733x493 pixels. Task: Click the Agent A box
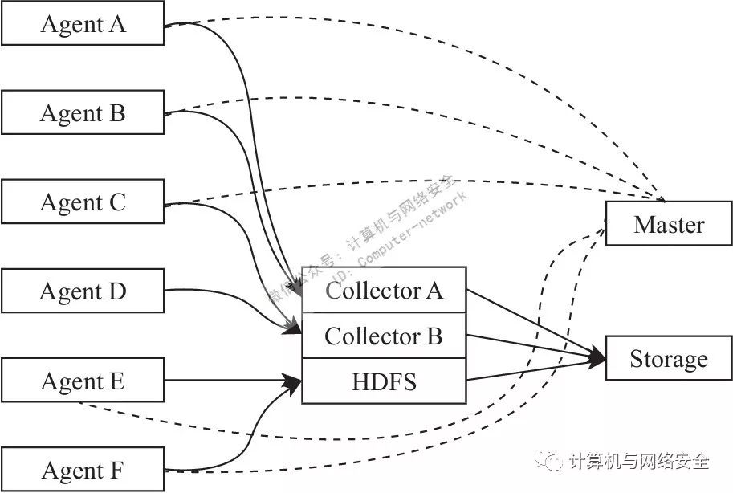coord(83,23)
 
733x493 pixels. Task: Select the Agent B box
coord(83,112)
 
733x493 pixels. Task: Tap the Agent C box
coord(83,202)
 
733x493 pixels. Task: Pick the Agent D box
coord(83,291)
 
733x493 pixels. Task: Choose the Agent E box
coord(83,381)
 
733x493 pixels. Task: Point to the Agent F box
coord(83,469)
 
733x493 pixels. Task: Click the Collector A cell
coord(384,290)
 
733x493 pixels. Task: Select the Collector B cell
coord(384,336)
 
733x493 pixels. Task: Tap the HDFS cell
coord(384,381)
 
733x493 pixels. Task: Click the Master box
coord(668,224)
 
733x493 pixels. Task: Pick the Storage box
coord(668,358)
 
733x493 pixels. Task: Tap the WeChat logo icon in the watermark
coord(552,460)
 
